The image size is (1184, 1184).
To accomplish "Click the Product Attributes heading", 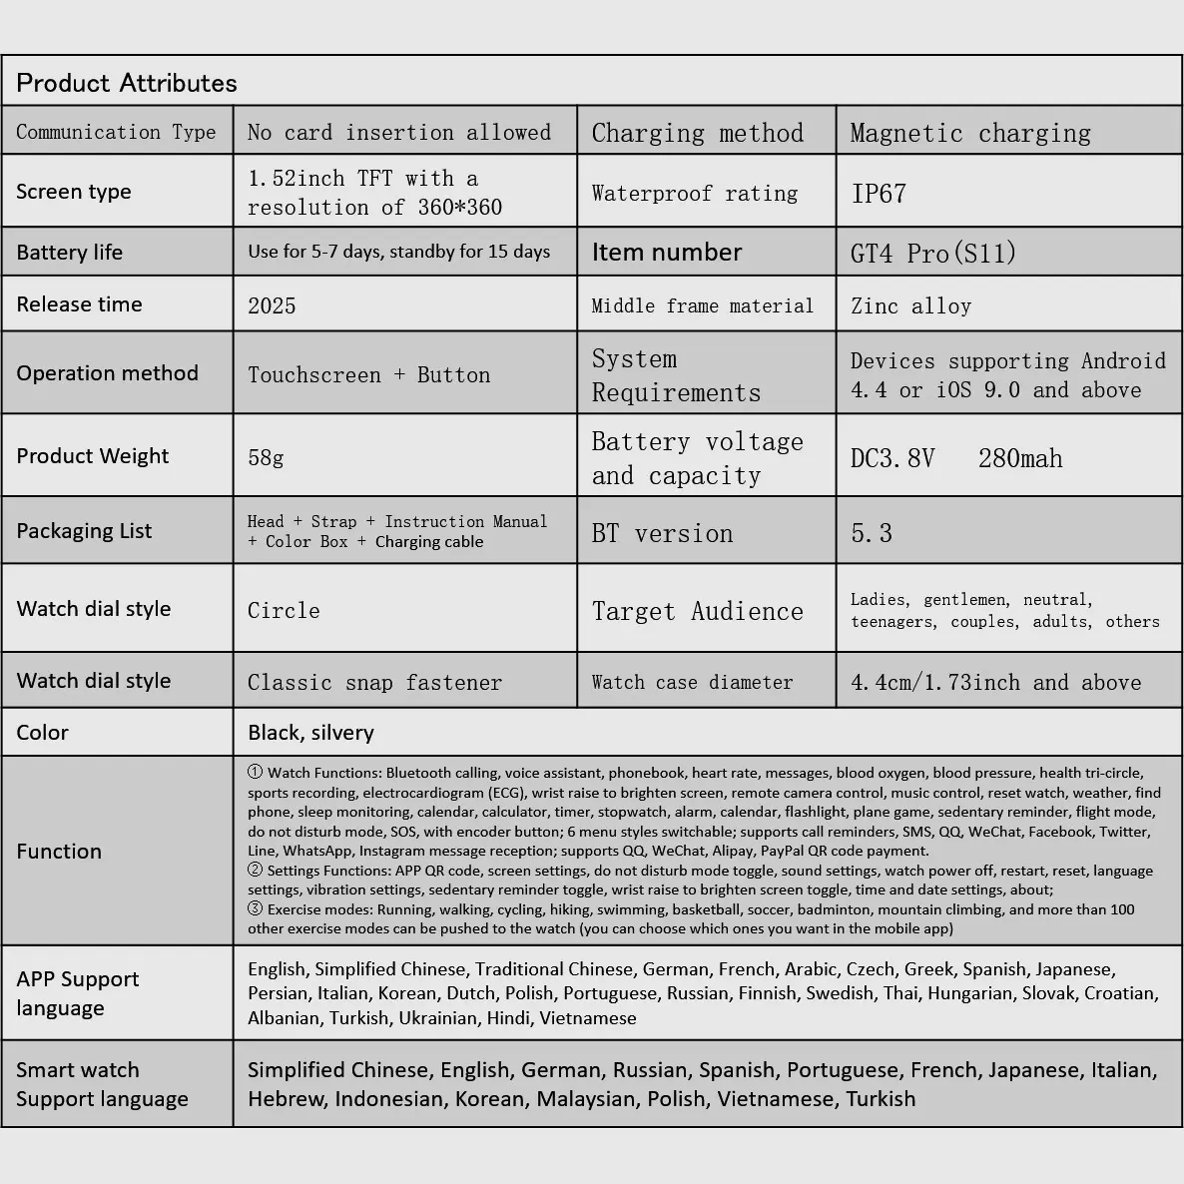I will pos(127,83).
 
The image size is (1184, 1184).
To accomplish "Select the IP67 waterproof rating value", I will pos(879,194).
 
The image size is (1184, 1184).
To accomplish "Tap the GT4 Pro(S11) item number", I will pos(932,253).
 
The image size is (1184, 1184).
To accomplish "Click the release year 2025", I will pos(272,305).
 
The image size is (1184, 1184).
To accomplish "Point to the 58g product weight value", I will pos(266,458).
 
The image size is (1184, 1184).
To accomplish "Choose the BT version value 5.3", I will pos(872,533).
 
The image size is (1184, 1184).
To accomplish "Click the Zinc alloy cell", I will pos(910,306).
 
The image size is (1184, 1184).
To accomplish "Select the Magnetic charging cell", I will pos(970,133).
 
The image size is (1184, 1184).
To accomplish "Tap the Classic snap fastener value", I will pos(374,683).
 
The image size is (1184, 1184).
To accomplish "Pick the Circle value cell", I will pos(284,610).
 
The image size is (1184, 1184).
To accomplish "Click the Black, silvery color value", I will pos(310,733).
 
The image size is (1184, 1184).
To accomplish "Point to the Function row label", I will pos(59,852).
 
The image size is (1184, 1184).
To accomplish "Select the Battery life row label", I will pos(69,253).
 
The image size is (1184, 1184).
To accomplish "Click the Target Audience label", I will pos(697,611).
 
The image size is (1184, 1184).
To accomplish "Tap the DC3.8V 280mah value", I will pos(956,458).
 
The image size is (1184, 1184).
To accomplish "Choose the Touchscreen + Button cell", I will pos(368,375).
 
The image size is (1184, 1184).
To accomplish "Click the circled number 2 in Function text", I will pos(256,870).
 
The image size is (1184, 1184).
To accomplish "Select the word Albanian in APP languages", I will pos(284,1018).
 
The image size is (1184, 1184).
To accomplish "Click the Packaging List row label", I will pos(84,531).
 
